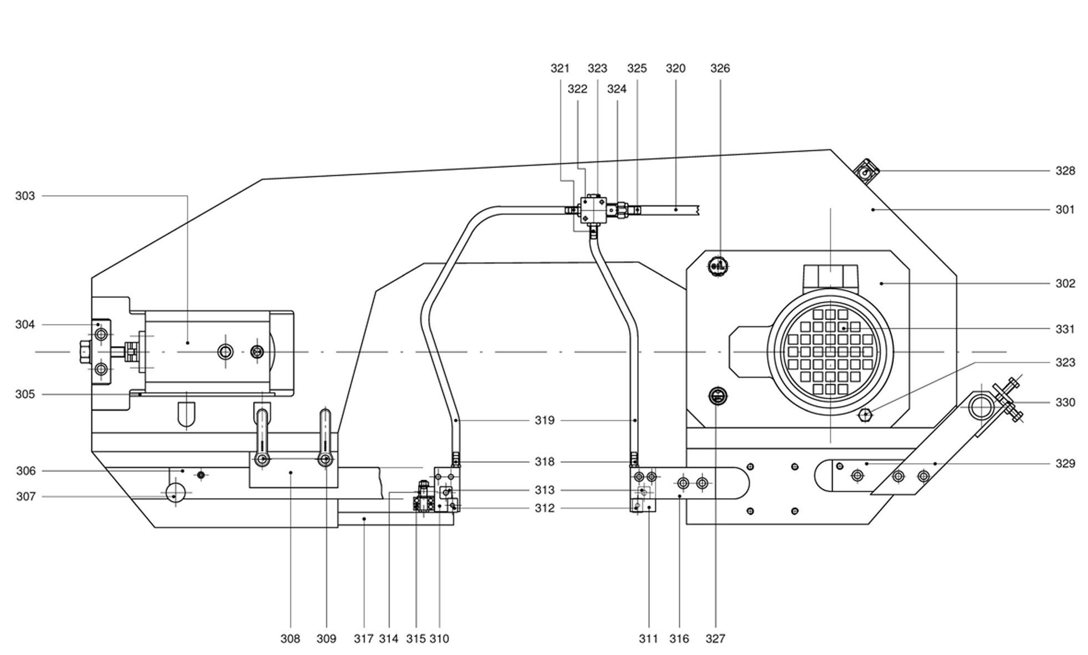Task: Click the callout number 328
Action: (x=1065, y=171)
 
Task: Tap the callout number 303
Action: (x=25, y=196)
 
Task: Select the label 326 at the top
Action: (x=720, y=68)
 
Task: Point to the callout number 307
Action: (x=26, y=496)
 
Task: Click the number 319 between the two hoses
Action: (x=545, y=420)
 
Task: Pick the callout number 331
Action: (x=1065, y=329)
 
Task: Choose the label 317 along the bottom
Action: (x=364, y=639)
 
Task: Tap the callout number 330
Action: (x=1065, y=402)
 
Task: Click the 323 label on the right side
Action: (x=1065, y=362)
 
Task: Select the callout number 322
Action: (x=577, y=89)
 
